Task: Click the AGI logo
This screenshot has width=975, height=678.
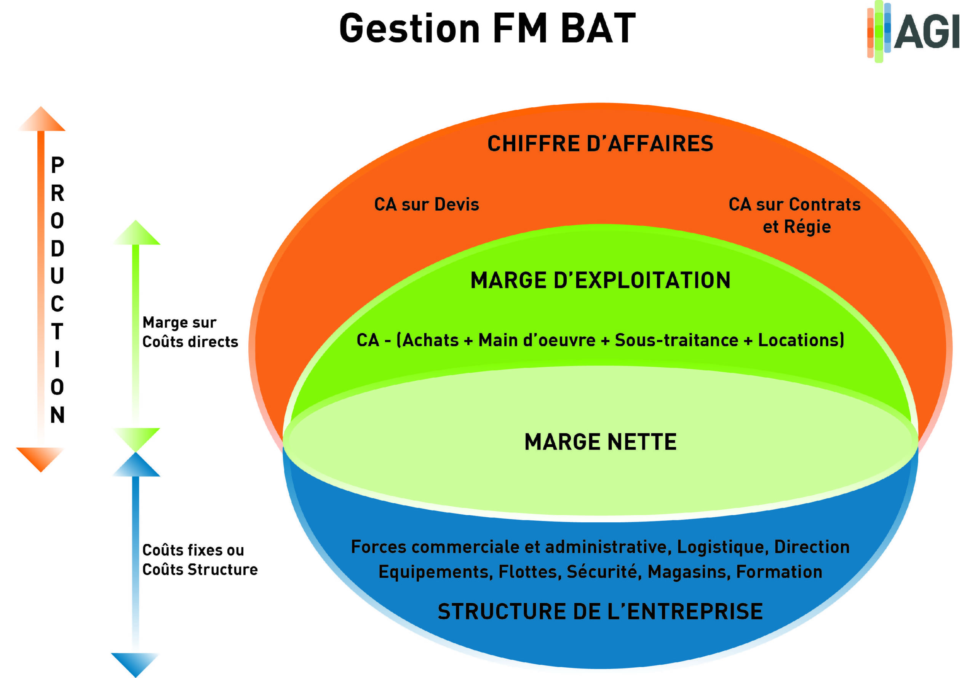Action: (913, 32)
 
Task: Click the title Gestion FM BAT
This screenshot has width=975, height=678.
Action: (487, 29)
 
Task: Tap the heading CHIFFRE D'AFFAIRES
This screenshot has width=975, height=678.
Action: (600, 144)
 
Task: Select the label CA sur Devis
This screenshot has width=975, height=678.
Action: (426, 204)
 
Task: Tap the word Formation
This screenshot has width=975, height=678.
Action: (779, 572)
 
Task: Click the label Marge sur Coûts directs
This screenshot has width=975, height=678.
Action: (190, 332)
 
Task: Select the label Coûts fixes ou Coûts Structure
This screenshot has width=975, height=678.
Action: (200, 560)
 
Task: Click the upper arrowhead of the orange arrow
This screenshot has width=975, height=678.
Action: (41, 119)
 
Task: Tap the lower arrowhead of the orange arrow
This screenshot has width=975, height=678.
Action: (40, 459)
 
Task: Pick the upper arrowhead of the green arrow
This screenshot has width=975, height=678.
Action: (136, 233)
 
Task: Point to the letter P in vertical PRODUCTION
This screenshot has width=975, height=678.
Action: (58, 165)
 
